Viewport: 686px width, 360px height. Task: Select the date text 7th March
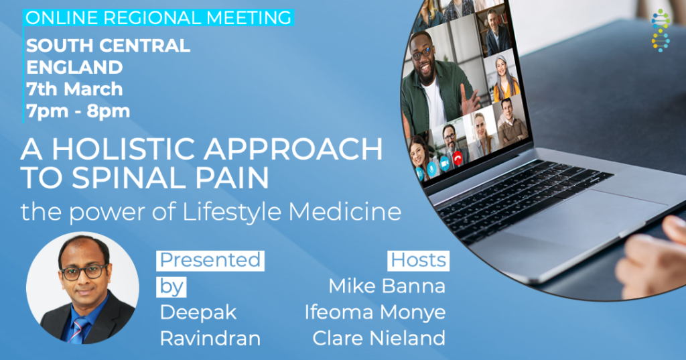[74, 89]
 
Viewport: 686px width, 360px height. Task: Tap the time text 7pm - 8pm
[78, 111]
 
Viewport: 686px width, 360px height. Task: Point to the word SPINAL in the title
[129, 178]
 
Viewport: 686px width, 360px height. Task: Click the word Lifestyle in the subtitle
[231, 212]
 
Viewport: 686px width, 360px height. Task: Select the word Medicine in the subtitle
[345, 211]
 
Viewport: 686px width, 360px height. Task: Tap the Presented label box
[210, 261]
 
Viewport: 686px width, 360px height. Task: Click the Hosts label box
[418, 261]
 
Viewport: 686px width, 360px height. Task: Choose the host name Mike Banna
[387, 286]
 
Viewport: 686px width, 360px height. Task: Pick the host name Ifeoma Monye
[375, 312]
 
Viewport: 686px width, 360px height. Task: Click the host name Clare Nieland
[379, 338]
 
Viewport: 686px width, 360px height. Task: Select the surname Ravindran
[210, 338]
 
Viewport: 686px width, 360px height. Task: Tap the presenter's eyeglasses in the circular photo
[84, 272]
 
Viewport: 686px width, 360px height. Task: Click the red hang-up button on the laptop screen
[458, 158]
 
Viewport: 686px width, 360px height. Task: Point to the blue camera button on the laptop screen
[445, 163]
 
